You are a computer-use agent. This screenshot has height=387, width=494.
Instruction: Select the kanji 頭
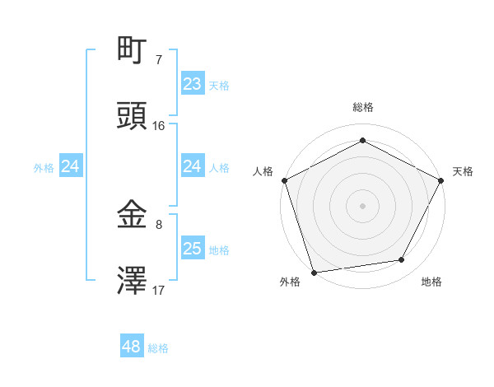(x=132, y=116)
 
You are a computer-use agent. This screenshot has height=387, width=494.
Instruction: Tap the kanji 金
(x=132, y=215)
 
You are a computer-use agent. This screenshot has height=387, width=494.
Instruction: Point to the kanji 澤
(x=132, y=281)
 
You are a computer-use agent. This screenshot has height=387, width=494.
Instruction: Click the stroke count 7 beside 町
(x=159, y=59)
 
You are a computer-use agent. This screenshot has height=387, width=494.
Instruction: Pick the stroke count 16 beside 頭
(x=159, y=125)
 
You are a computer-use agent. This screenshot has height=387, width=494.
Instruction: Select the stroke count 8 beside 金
(x=159, y=224)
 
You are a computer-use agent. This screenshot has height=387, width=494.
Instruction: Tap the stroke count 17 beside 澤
(x=159, y=290)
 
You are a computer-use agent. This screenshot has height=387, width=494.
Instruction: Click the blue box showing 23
(x=193, y=84)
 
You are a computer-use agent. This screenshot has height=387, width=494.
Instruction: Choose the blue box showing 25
(x=193, y=249)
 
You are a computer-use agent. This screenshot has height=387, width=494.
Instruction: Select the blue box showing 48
(x=132, y=347)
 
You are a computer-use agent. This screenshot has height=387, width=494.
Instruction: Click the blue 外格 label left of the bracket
(x=44, y=167)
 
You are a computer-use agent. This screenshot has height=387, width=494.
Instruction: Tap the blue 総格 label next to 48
(x=158, y=348)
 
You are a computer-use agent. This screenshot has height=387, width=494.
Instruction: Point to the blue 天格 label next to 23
(x=219, y=85)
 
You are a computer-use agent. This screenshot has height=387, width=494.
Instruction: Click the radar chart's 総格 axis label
(x=363, y=107)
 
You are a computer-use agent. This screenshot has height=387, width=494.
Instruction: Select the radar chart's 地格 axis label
(x=431, y=282)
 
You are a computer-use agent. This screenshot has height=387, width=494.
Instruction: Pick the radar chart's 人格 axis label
(x=263, y=171)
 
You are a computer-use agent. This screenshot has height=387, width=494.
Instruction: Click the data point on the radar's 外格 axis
(x=314, y=272)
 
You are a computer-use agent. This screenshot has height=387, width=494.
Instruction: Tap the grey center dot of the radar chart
(x=363, y=205)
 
